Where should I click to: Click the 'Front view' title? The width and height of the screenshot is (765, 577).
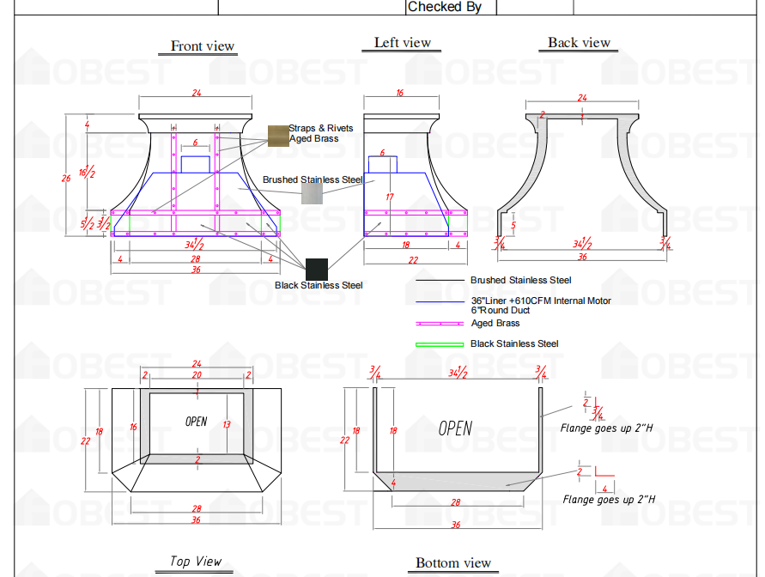203,46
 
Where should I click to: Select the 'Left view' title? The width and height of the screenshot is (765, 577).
403,43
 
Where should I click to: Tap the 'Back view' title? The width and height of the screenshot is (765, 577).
580,43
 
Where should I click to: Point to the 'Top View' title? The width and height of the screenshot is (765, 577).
196,562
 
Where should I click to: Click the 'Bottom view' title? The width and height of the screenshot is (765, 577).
453,563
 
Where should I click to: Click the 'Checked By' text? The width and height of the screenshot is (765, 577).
445,7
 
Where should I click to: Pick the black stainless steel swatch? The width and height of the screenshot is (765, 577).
317,268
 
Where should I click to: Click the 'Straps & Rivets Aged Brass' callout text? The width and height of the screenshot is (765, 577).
321,133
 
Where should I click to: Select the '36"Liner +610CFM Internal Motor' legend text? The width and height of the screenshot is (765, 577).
540,301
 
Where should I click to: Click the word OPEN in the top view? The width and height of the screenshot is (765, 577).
197,422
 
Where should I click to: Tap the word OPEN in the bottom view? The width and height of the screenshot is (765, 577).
455,428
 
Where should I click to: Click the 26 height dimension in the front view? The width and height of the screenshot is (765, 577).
66,179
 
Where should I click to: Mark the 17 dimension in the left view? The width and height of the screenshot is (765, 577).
389,197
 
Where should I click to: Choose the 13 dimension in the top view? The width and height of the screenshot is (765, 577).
227,425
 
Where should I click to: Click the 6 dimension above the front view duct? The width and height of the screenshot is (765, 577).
195,143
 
